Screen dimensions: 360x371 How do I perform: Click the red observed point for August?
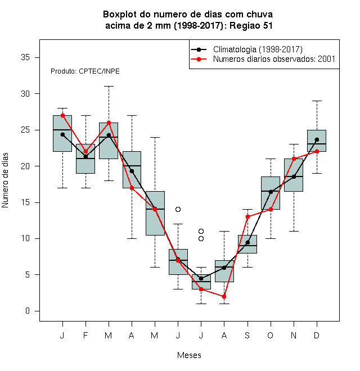[224, 296]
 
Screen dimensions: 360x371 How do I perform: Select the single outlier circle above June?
[178, 210]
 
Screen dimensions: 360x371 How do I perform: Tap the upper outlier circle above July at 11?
[201, 231]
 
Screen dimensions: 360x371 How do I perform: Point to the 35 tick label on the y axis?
[25, 57]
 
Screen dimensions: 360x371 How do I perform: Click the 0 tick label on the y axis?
[28, 311]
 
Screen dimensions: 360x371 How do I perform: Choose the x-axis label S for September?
[247, 335]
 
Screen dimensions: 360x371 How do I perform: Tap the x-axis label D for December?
[317, 335]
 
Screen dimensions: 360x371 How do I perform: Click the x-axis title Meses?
[189, 355]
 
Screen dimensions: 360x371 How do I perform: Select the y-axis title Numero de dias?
[5, 180]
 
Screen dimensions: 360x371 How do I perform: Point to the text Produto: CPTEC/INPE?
[85, 71]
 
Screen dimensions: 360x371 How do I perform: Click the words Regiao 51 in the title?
[251, 25]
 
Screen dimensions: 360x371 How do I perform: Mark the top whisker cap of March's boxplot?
[109, 87]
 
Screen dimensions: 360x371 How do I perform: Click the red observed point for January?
[62, 115]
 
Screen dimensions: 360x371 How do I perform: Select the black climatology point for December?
[317, 139]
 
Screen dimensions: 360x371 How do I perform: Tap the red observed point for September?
[247, 216]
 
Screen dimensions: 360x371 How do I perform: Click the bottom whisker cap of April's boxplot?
[132, 238]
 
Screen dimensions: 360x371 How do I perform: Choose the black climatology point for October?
[271, 192]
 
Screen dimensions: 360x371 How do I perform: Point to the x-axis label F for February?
[85, 335]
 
